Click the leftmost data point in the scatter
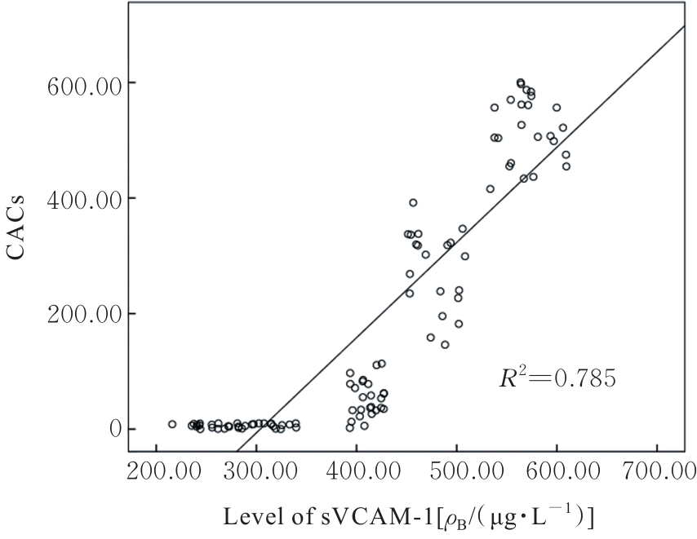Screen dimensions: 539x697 point(172,424)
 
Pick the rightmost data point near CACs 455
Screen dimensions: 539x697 point(566,166)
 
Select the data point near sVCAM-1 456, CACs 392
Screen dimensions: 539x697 point(413,202)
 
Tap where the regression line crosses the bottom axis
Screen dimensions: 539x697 point(237,451)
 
